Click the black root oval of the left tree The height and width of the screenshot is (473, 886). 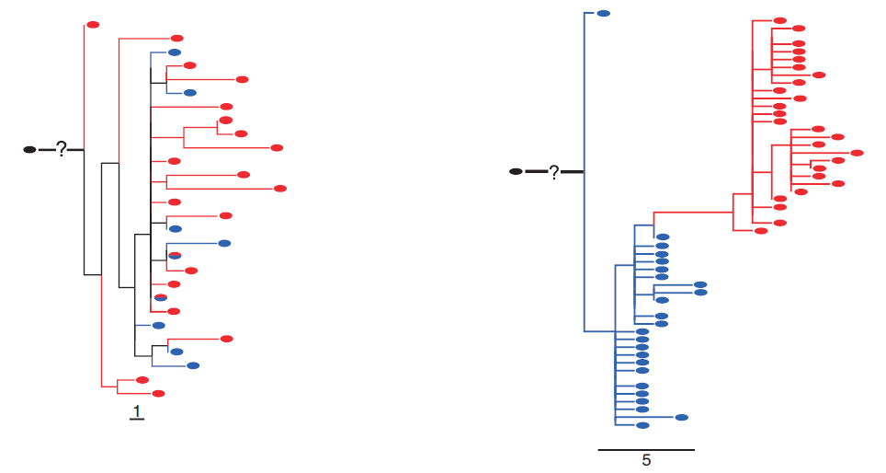pyautogui.click(x=29, y=150)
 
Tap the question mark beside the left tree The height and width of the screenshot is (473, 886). pyautogui.click(x=62, y=149)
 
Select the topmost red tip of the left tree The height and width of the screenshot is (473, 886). pyautogui.click(x=93, y=25)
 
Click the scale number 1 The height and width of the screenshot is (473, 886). pyautogui.click(x=137, y=410)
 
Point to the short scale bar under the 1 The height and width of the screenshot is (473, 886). pyautogui.click(x=137, y=420)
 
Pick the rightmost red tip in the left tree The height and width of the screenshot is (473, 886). pyautogui.click(x=280, y=189)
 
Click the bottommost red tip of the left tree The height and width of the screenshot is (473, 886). pyautogui.click(x=159, y=394)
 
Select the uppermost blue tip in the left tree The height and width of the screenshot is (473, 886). pyautogui.click(x=175, y=52)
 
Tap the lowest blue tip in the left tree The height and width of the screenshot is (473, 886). pyautogui.click(x=193, y=365)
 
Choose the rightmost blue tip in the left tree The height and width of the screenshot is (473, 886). pyautogui.click(x=224, y=243)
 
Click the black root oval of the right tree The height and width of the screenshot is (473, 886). pyautogui.click(x=516, y=171)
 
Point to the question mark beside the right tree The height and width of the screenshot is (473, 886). pyautogui.click(x=554, y=173)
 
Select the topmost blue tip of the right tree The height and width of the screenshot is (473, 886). pyautogui.click(x=604, y=14)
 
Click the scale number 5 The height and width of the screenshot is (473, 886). pyautogui.click(x=646, y=460)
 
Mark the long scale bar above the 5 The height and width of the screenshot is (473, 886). pyautogui.click(x=646, y=450)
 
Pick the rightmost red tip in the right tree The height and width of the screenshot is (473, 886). pyautogui.click(x=858, y=153)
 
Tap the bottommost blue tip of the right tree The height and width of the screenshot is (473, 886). pyautogui.click(x=642, y=425)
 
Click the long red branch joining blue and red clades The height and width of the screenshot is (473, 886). pyautogui.click(x=693, y=213)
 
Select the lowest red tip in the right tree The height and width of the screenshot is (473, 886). pyautogui.click(x=761, y=231)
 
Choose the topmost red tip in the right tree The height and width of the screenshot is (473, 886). pyautogui.click(x=780, y=20)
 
